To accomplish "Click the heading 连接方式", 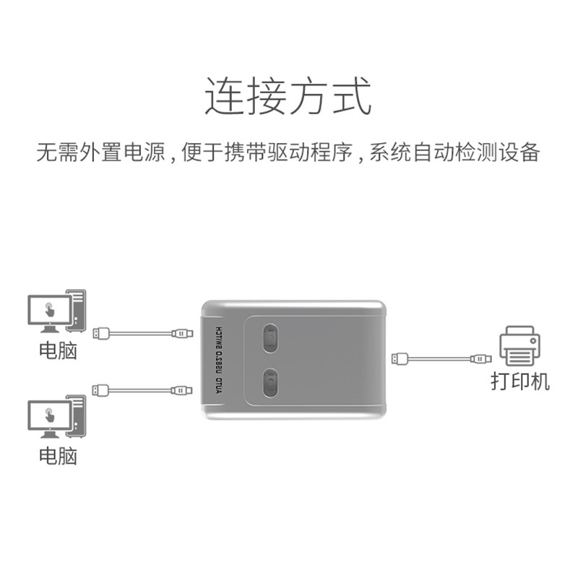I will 288,98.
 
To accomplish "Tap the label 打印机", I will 519,381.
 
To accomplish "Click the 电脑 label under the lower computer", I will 58,456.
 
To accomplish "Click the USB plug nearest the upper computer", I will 100,333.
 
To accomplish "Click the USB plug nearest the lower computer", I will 100,390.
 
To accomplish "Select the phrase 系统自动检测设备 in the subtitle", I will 454,153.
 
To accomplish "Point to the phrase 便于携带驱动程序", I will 267,153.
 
